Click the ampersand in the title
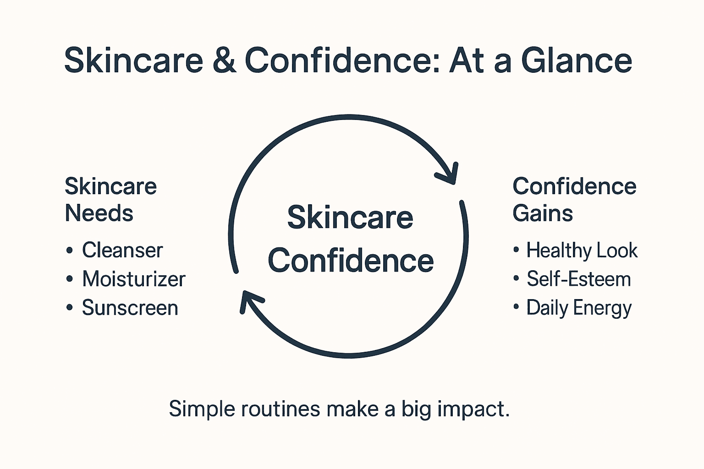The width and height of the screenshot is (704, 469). (x=224, y=60)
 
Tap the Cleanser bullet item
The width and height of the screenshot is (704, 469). (x=122, y=251)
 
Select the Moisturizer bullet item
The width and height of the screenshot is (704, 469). (x=134, y=279)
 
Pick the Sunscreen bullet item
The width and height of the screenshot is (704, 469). (x=130, y=308)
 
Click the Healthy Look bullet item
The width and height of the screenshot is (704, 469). (x=582, y=251)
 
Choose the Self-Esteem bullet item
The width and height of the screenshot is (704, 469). (x=578, y=279)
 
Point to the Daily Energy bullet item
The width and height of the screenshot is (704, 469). (x=578, y=308)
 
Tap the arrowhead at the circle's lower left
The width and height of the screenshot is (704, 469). (x=250, y=300)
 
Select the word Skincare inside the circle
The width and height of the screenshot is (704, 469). (x=350, y=218)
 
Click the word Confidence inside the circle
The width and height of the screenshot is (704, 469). (x=351, y=261)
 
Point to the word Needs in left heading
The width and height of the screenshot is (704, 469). (x=99, y=213)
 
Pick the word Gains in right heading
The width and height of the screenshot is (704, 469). (x=543, y=213)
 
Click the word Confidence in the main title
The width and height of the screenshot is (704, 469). (x=342, y=60)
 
